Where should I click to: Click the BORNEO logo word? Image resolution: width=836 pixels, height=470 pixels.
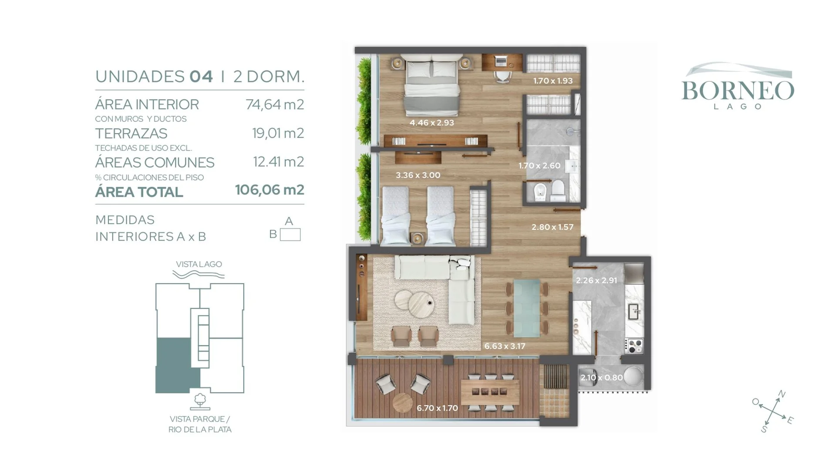coord(738,91)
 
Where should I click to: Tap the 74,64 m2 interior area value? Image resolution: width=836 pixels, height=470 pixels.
coord(275,104)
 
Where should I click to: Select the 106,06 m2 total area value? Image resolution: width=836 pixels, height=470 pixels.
coord(270,190)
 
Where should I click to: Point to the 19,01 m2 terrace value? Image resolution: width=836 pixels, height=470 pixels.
coord(278,133)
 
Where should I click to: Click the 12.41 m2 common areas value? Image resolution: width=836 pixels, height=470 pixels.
coord(279,162)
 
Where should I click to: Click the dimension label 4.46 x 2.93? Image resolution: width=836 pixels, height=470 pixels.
coord(432,123)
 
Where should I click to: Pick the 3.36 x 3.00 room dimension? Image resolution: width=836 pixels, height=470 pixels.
coord(418,175)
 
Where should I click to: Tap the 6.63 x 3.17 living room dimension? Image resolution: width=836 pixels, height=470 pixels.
coord(505,346)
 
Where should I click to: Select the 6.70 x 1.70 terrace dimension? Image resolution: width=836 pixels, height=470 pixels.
coord(437,408)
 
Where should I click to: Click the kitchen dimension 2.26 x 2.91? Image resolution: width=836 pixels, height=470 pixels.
coord(597,280)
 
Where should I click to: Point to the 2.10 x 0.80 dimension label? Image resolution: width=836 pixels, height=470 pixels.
coord(602,377)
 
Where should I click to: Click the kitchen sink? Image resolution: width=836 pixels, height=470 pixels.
coord(634,312)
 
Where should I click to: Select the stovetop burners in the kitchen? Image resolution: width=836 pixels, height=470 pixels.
coord(634,346)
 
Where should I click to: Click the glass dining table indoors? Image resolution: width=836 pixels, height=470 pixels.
coord(527,309)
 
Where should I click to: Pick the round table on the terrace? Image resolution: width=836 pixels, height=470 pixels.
coord(403,403)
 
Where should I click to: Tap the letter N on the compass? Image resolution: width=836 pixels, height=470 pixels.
coord(782,394)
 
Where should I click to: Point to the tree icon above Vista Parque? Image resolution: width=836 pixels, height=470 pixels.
coord(200,401)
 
